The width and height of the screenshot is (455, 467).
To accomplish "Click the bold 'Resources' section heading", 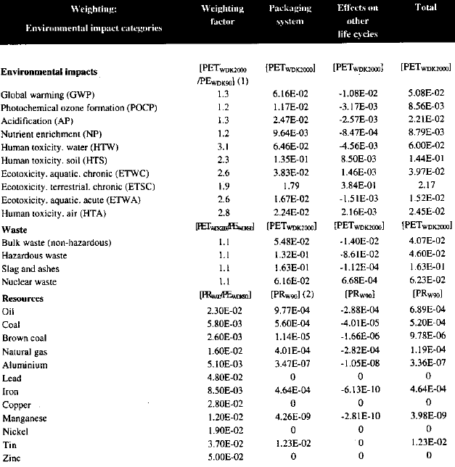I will click(x=22, y=298).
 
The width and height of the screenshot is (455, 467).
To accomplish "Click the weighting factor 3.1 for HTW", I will click(x=222, y=145).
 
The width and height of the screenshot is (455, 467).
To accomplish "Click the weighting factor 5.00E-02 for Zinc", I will click(x=222, y=457).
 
